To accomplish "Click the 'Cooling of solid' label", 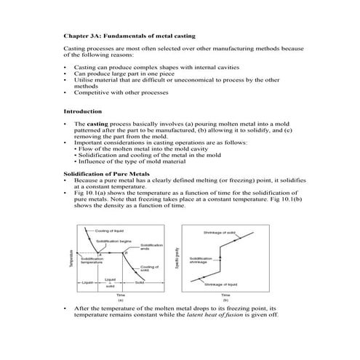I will click(x=149, y=268).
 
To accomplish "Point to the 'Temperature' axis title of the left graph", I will click(x=71, y=259).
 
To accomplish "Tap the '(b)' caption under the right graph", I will click(x=226, y=299).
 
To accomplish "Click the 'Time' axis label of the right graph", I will click(x=226, y=294).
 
